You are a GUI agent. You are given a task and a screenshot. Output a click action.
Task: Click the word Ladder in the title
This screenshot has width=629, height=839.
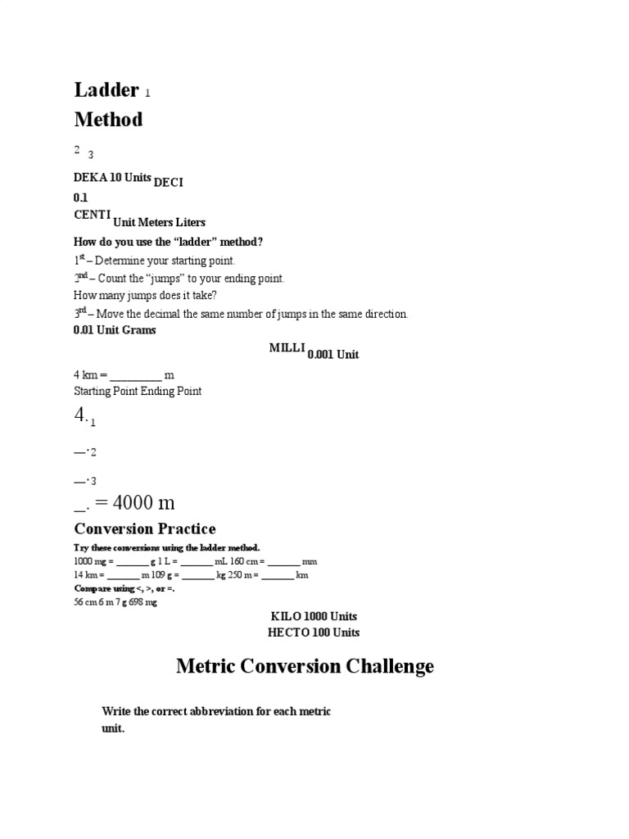click(x=106, y=90)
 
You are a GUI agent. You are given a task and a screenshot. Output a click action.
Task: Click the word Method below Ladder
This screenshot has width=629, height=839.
click(x=108, y=120)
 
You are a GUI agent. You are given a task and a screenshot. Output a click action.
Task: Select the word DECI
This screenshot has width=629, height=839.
click(x=168, y=182)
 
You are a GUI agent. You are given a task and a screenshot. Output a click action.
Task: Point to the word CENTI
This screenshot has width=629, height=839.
click(x=93, y=215)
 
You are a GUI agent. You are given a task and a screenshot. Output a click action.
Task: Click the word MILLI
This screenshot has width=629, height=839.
click(x=287, y=348)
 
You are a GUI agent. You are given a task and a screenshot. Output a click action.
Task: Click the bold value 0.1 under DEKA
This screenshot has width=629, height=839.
click(x=80, y=197)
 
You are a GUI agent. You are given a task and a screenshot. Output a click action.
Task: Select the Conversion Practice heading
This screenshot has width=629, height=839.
click(x=145, y=528)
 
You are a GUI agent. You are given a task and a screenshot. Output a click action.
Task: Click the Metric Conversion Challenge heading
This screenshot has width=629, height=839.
click(x=305, y=666)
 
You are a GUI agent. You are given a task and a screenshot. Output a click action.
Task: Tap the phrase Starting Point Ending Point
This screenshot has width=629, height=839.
click(x=138, y=391)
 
